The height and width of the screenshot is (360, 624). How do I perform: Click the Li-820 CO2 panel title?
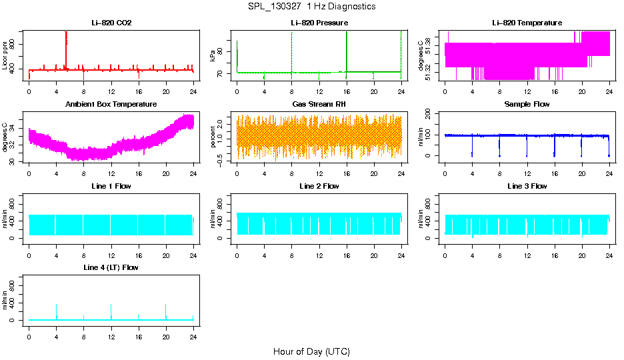coord(111,23)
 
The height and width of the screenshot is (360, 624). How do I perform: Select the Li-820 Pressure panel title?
coord(319,23)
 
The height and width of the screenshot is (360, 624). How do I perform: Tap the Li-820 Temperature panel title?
coord(527,23)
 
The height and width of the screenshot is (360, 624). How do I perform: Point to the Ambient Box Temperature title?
coord(111,105)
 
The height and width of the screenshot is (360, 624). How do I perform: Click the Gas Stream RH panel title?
coord(319,105)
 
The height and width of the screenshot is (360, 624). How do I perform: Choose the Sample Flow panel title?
coord(527,105)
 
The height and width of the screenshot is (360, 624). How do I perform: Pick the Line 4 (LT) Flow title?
coord(111,267)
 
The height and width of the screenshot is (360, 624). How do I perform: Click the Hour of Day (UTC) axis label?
coord(311,351)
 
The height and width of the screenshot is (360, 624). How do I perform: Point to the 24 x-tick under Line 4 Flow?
coord(193,331)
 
